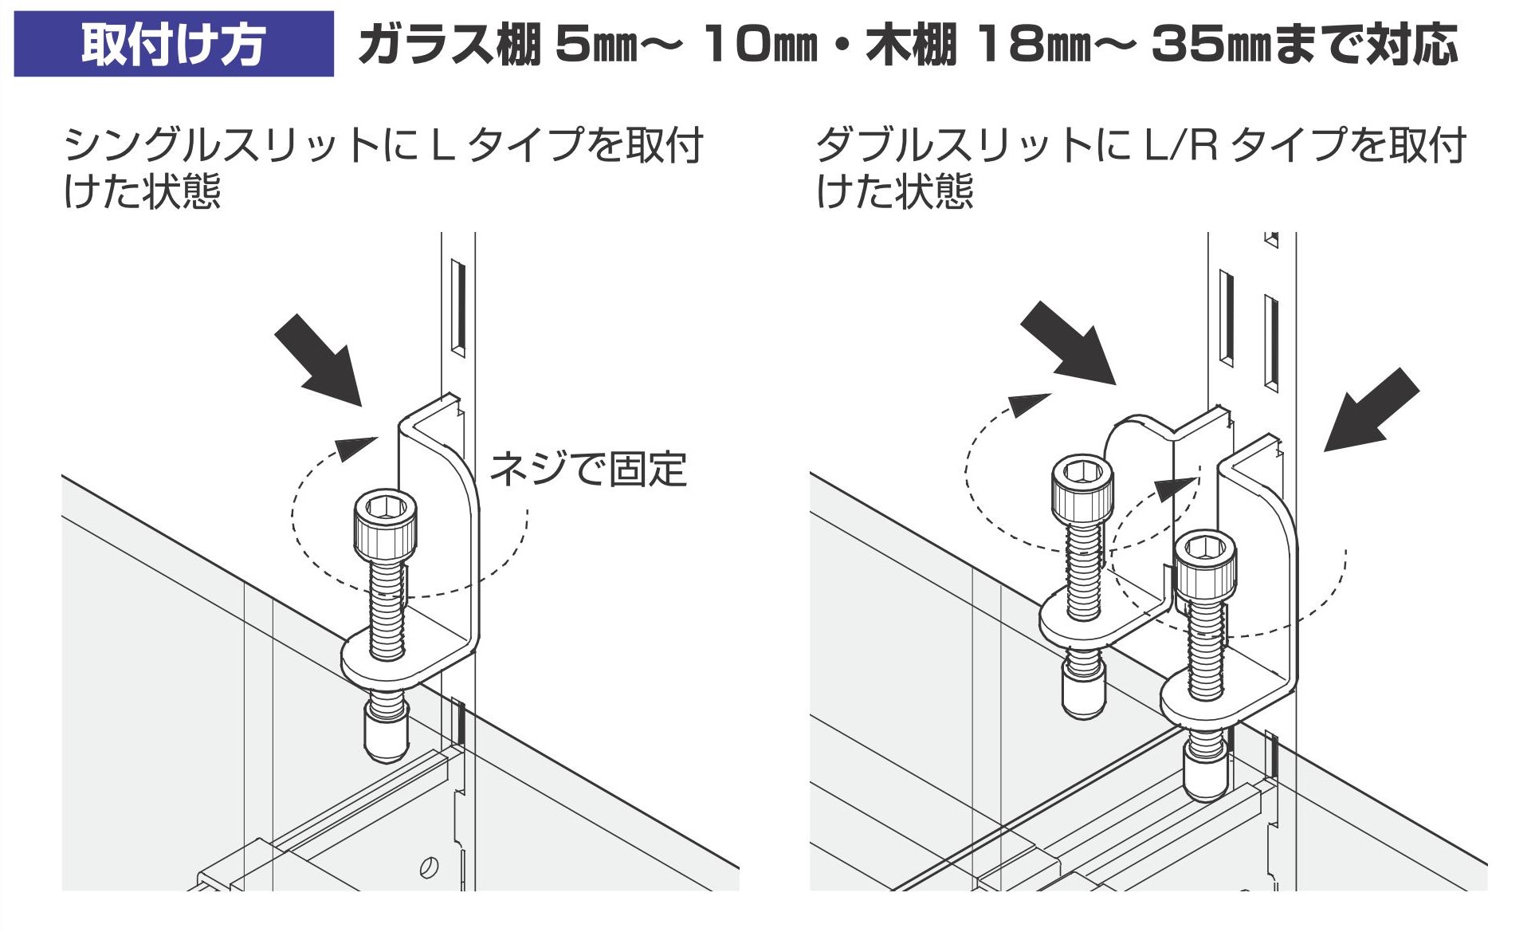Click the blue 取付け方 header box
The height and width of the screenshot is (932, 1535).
tap(174, 44)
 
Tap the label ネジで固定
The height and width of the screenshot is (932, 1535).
tap(588, 469)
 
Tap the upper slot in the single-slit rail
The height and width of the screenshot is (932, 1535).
tap(457, 306)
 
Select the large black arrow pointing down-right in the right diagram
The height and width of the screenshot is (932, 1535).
tap(1069, 344)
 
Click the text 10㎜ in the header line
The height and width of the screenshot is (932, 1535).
tap(760, 45)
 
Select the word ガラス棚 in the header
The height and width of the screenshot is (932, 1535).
tap(450, 45)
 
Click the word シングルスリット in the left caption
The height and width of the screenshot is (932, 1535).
tap(222, 145)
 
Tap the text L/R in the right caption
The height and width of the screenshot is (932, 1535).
tap(1181, 145)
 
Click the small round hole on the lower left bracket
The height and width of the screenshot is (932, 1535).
tap(429, 867)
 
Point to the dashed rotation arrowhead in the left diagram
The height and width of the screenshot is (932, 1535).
tap(355, 448)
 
